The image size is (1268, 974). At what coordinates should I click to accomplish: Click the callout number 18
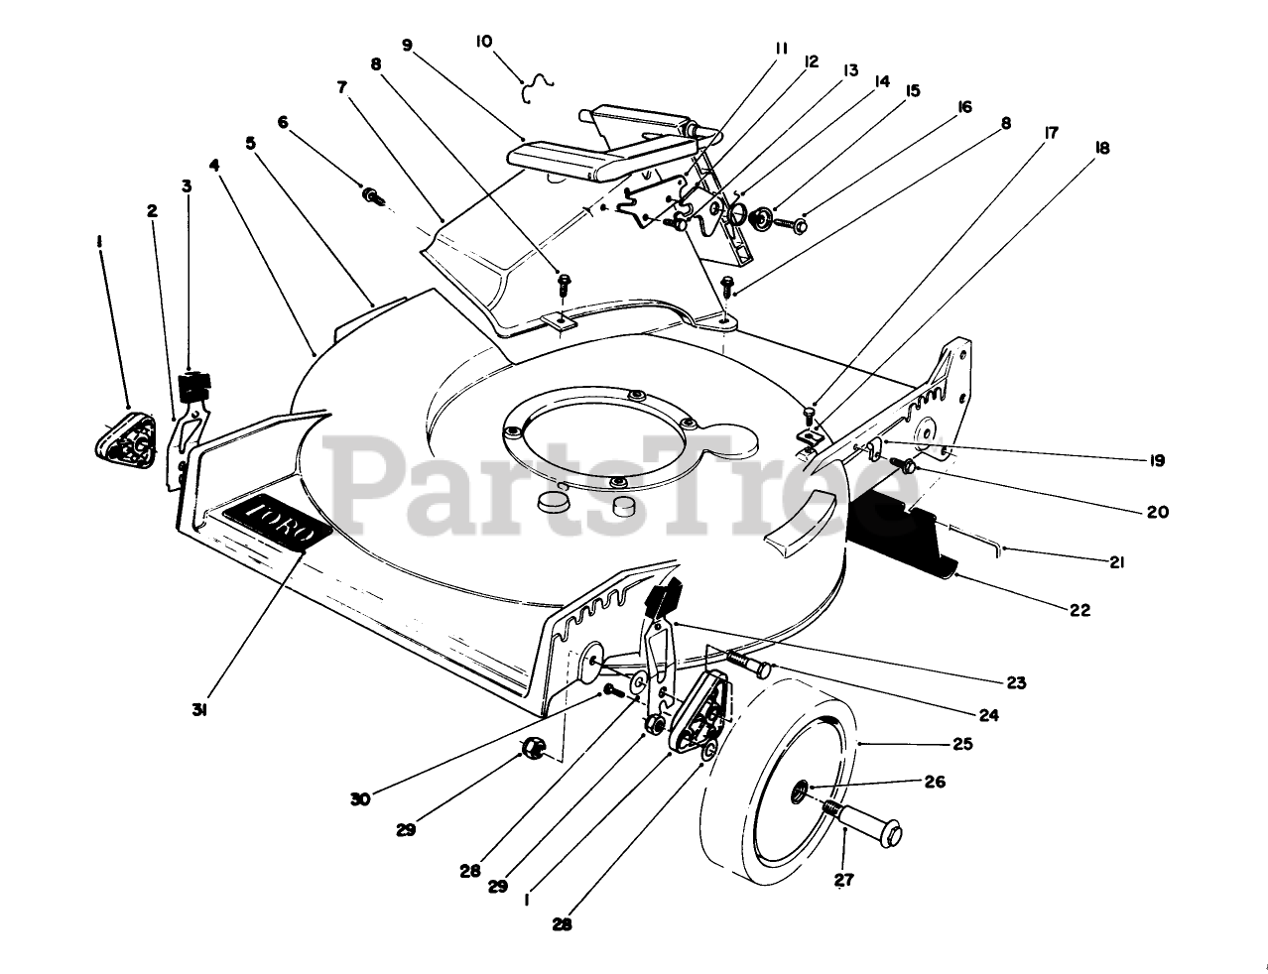point(1101,149)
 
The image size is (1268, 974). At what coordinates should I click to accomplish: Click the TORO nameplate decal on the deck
point(277,523)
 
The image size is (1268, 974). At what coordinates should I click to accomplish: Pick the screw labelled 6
point(374,196)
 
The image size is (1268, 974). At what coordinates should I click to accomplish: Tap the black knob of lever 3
point(194,385)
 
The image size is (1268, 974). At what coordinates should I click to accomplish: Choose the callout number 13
point(849,70)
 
